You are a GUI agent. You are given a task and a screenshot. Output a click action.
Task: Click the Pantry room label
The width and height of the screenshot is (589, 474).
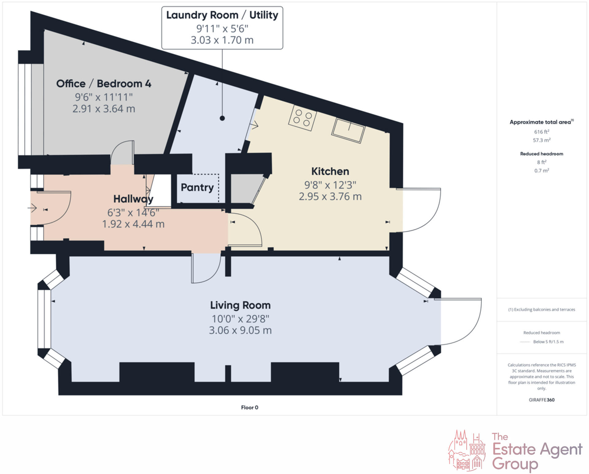pyautogui.click(x=197, y=187)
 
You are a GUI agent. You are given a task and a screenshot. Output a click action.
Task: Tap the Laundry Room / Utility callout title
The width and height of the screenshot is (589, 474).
pyautogui.click(x=222, y=15)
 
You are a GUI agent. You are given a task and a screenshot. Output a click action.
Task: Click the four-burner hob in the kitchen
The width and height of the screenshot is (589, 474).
pyautogui.click(x=302, y=118)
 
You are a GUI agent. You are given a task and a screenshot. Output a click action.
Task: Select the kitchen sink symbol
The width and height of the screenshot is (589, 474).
pyautogui.click(x=348, y=130)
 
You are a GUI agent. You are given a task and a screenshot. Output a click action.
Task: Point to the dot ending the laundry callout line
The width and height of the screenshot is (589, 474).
pyautogui.click(x=222, y=118)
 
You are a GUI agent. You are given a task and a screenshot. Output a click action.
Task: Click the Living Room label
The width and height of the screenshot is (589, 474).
pyautogui.click(x=240, y=305)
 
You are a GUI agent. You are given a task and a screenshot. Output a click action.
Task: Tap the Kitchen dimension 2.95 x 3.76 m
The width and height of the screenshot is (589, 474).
pyautogui.click(x=330, y=196)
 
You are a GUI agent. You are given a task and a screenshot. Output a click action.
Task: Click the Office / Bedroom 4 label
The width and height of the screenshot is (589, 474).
pyautogui.click(x=104, y=84)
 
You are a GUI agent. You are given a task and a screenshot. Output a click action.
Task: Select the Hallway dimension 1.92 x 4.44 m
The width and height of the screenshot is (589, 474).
pyautogui.click(x=133, y=224)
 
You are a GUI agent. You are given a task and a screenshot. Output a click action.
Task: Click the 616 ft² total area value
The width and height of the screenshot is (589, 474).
pyautogui.click(x=541, y=132)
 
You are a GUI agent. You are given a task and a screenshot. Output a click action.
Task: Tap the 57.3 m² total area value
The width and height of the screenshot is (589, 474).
pyautogui.click(x=541, y=140)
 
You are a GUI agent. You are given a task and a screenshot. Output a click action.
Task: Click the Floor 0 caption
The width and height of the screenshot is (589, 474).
pyautogui.click(x=249, y=407)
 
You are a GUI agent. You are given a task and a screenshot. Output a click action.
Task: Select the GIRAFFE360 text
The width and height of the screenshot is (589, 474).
pyautogui.click(x=541, y=400)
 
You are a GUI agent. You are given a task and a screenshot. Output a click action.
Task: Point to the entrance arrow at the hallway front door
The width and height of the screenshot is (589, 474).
pyautogui.click(x=32, y=208)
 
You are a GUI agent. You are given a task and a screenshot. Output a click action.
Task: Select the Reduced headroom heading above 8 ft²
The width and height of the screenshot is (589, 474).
pyautogui.click(x=541, y=154)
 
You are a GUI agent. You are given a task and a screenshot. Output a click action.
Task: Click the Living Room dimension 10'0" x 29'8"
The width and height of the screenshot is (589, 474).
pyautogui.click(x=240, y=319)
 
